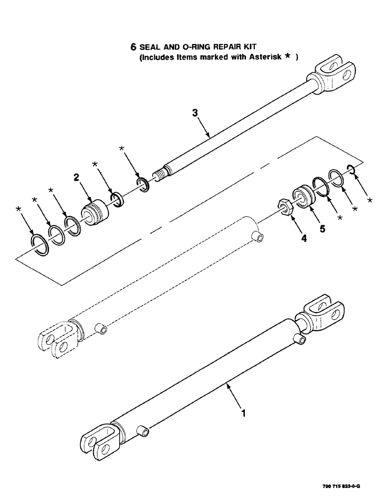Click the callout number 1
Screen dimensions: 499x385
(x=243, y=414)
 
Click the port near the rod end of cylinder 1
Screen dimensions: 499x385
(x=300, y=339)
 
